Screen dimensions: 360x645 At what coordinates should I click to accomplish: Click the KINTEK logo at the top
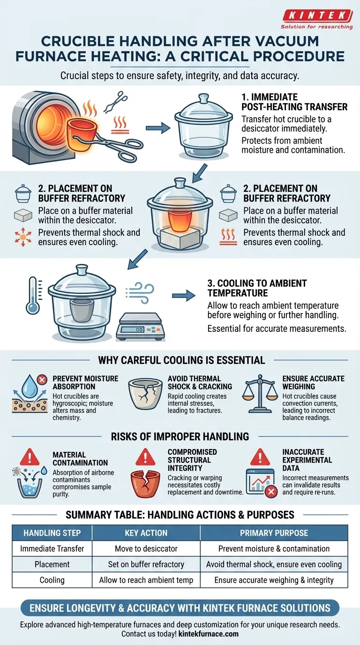tap(317, 19)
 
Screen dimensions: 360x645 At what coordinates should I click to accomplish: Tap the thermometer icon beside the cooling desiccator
tap(33, 295)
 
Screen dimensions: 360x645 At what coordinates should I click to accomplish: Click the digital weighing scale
tap(140, 326)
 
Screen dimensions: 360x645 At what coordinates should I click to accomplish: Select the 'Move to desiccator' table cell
tap(146, 548)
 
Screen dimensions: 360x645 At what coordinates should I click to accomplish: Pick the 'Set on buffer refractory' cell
tap(146, 564)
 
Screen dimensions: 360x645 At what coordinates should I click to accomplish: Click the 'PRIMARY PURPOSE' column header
tap(274, 533)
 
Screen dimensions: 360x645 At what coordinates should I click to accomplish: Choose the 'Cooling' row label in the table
tap(52, 580)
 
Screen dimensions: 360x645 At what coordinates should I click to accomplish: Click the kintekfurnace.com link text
tap(209, 634)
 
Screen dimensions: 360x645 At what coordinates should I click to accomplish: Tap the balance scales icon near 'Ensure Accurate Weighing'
tap(260, 393)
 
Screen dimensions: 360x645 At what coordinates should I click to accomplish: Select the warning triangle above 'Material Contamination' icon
tap(30, 457)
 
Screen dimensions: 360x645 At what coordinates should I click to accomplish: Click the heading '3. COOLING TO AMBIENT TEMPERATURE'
tap(257, 288)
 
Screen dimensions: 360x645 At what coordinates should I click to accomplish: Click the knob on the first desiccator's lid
tap(203, 98)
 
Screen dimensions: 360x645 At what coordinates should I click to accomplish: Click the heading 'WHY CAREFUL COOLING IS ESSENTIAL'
tap(181, 360)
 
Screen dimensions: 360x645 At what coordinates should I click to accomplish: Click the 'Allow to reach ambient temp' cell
tap(146, 580)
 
